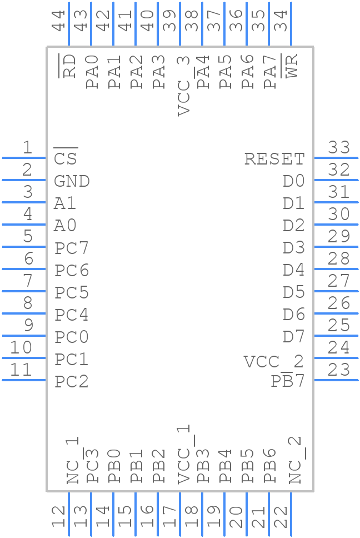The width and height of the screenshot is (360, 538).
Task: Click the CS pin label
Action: coord(66,159)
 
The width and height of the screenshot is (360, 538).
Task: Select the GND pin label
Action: coord(72,181)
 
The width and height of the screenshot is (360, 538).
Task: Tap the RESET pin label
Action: coord(274,159)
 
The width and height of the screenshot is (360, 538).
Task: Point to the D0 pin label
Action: coord(293,181)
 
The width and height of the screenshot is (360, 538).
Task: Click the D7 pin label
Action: coord(293,337)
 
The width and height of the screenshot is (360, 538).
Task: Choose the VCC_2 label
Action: coord(274,362)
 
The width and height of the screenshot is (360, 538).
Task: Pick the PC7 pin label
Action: coord(72,248)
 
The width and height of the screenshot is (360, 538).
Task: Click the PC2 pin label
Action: coord(72,382)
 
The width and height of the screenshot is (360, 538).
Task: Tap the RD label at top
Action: coord(69,66)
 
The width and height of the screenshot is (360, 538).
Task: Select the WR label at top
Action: coord(292,66)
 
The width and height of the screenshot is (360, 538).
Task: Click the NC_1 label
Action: coord(73,460)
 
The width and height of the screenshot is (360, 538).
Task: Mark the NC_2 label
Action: coord(295,460)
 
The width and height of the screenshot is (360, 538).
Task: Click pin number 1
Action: coord(27,148)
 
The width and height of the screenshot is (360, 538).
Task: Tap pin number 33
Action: coord(338,148)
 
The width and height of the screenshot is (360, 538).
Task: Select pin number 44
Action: coord(58,21)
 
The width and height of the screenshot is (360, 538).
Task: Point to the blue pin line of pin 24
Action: coord(336,358)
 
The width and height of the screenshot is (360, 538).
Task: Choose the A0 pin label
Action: coord(65,226)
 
